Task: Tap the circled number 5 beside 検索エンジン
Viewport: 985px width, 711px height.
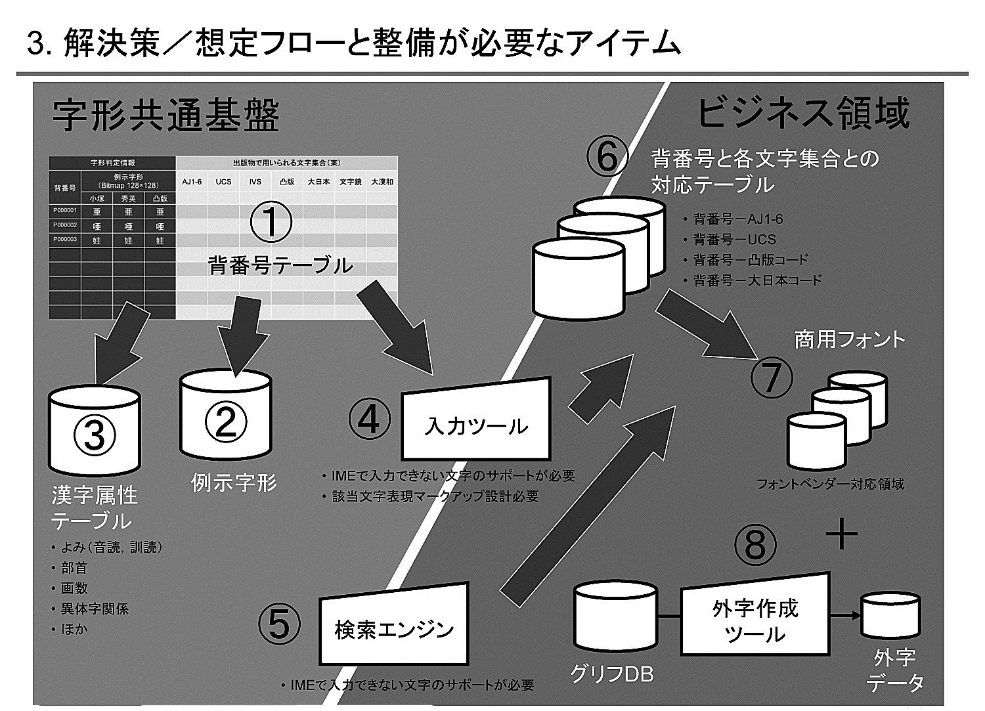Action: coord(279,624)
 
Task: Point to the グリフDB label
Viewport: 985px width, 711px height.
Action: coord(611,674)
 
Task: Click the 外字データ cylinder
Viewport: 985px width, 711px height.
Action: coord(891,616)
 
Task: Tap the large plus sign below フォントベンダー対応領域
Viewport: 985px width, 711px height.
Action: coord(841,534)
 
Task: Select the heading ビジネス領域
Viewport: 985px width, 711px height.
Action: coord(802,113)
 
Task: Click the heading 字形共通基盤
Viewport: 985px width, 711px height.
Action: coord(166,116)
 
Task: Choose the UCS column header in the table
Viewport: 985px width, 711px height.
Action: coord(223,181)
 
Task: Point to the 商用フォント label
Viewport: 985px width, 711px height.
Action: coord(849,339)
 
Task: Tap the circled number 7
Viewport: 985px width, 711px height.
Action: coord(772,377)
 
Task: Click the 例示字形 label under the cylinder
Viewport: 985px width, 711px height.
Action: coord(234,483)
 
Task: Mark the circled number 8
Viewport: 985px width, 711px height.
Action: coord(755,545)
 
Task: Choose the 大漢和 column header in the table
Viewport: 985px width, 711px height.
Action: coord(382,181)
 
